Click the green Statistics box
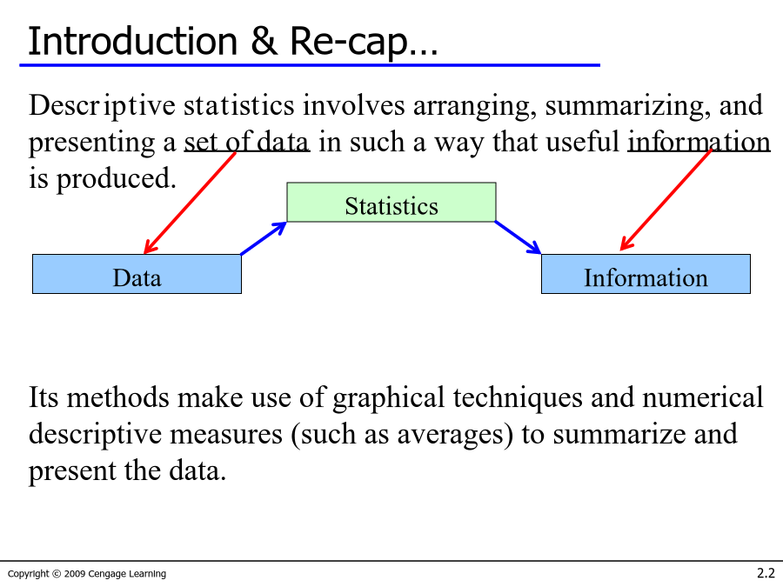tap(391, 202)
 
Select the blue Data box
tap(137, 274)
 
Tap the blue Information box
tap(646, 274)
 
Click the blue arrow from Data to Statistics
tap(263, 238)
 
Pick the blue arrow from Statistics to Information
tap(518, 237)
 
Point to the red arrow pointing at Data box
tap(190, 203)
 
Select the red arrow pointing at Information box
tap(666, 200)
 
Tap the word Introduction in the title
tap(133, 41)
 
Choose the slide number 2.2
tap(766, 573)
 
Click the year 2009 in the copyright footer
tap(75, 574)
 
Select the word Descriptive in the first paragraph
tap(103, 106)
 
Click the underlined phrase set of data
tap(247, 142)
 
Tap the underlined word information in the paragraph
tap(699, 142)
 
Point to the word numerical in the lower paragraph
tap(703, 397)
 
